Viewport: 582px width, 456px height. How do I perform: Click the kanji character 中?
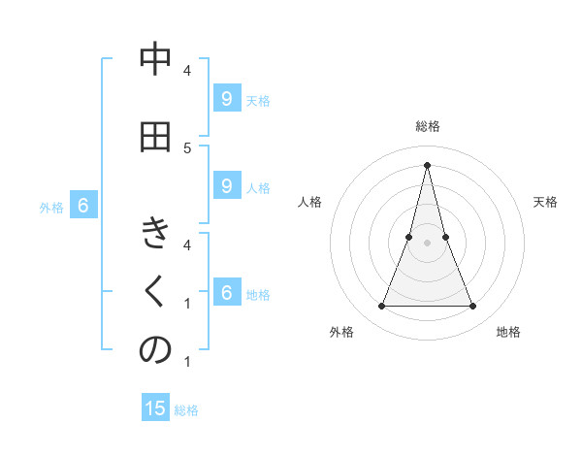point(155,60)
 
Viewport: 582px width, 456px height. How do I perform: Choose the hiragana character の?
point(155,351)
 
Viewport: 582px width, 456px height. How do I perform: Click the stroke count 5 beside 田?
point(187,147)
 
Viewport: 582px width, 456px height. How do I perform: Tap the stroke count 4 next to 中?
point(187,70)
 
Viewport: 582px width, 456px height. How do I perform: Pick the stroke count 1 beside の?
point(187,362)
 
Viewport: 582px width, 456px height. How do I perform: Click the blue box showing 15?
point(156,408)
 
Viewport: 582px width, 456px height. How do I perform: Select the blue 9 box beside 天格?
point(226,98)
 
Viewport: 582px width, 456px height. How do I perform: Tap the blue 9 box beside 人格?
point(226,186)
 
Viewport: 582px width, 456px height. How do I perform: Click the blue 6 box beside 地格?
point(226,293)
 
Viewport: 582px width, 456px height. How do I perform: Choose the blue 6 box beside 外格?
point(83,206)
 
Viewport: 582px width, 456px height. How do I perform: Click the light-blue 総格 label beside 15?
point(186,410)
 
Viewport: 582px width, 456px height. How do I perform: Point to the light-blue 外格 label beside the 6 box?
point(51,207)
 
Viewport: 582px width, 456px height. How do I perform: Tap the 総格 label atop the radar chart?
point(428,126)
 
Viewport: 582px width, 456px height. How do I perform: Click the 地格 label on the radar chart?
point(508,332)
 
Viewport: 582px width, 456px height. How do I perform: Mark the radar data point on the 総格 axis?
point(428,164)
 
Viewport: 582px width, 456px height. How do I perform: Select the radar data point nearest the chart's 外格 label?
point(382,307)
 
